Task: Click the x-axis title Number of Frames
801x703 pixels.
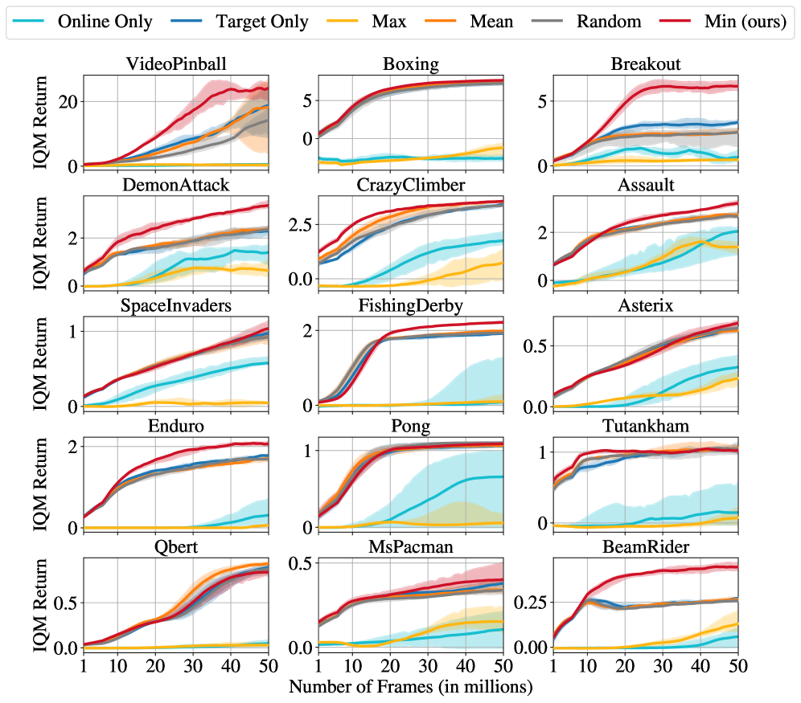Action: tap(410, 687)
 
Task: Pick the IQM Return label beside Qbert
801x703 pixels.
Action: tap(40, 603)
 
